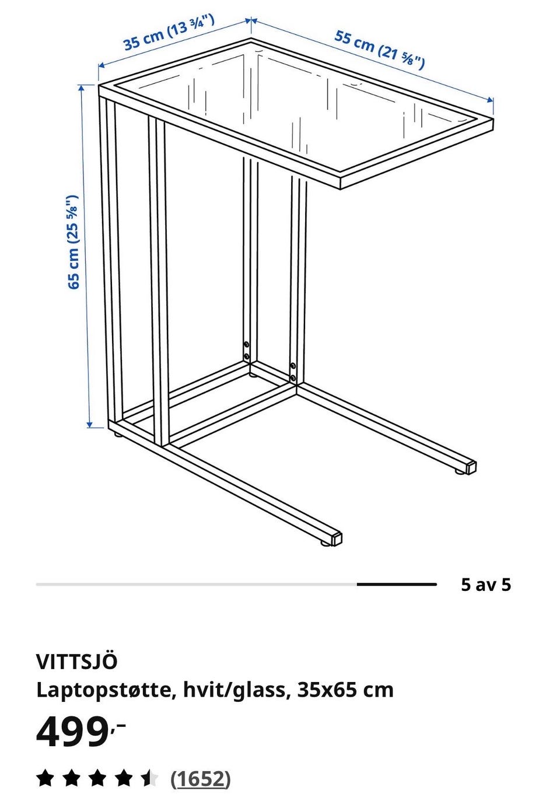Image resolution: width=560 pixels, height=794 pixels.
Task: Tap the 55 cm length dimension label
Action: (379, 49)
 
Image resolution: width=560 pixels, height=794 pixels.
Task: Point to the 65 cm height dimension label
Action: (73, 242)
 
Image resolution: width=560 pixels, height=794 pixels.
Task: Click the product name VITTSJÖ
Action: (76, 662)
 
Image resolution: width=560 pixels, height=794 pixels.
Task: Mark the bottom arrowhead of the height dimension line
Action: (90, 424)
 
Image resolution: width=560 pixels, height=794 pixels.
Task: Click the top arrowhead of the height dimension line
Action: (82, 88)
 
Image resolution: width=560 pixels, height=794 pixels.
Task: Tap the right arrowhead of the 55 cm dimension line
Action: (490, 100)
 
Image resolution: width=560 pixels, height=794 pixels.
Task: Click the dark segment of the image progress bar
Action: (397, 584)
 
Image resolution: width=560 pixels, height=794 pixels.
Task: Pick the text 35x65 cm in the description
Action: (345, 690)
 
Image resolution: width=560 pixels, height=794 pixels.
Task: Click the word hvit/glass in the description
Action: (235, 691)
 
